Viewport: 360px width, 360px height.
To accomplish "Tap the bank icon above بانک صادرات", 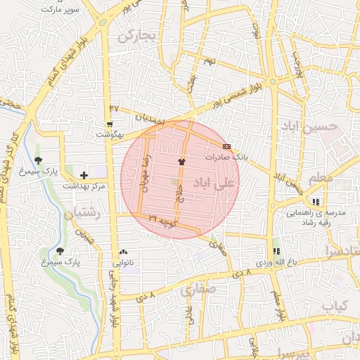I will [x=226, y=146].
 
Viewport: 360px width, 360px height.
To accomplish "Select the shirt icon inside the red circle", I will [x=182, y=162].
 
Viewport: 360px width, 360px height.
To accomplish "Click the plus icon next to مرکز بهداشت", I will [x=84, y=175].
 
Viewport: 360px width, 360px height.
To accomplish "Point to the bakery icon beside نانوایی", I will [x=124, y=252].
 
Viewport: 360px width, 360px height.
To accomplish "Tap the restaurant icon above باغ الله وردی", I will [x=276, y=251].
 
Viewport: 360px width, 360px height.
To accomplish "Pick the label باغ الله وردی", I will [x=273, y=262].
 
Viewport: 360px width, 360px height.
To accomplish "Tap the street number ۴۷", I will [x=114, y=108].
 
